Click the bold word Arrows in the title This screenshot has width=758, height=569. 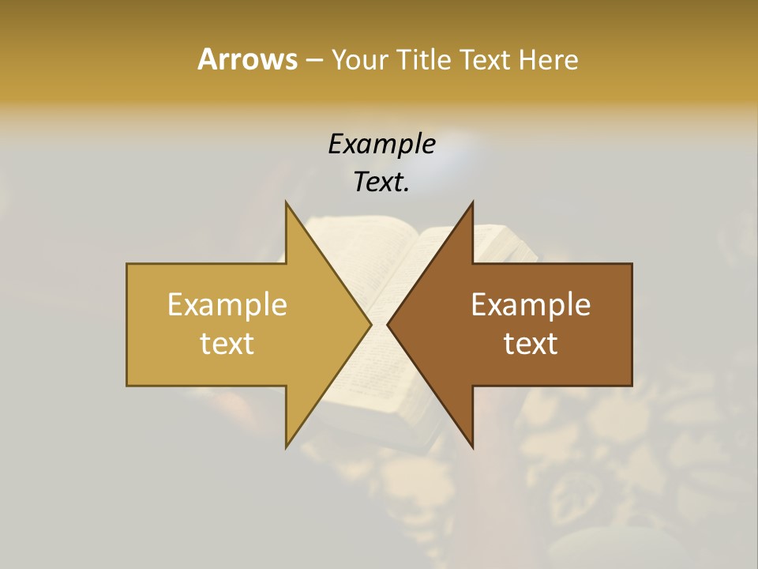246,59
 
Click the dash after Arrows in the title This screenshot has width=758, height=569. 313,61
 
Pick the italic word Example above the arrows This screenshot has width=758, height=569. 381,144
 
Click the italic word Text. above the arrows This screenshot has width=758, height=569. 381,182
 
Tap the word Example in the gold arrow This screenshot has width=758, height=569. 227,304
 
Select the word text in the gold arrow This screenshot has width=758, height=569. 227,343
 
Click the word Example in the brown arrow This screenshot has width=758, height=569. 531,304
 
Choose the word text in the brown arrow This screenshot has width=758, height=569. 531,343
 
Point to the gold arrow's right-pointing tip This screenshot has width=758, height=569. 371,324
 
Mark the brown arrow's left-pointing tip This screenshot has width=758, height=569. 388,324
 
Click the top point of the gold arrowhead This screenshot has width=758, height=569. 286,202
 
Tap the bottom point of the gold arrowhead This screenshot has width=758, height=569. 286,447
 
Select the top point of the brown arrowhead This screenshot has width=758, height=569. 473,202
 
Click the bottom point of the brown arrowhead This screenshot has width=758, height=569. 473,447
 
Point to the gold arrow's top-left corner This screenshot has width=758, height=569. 127,264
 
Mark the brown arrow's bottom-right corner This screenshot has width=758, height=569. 632,386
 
